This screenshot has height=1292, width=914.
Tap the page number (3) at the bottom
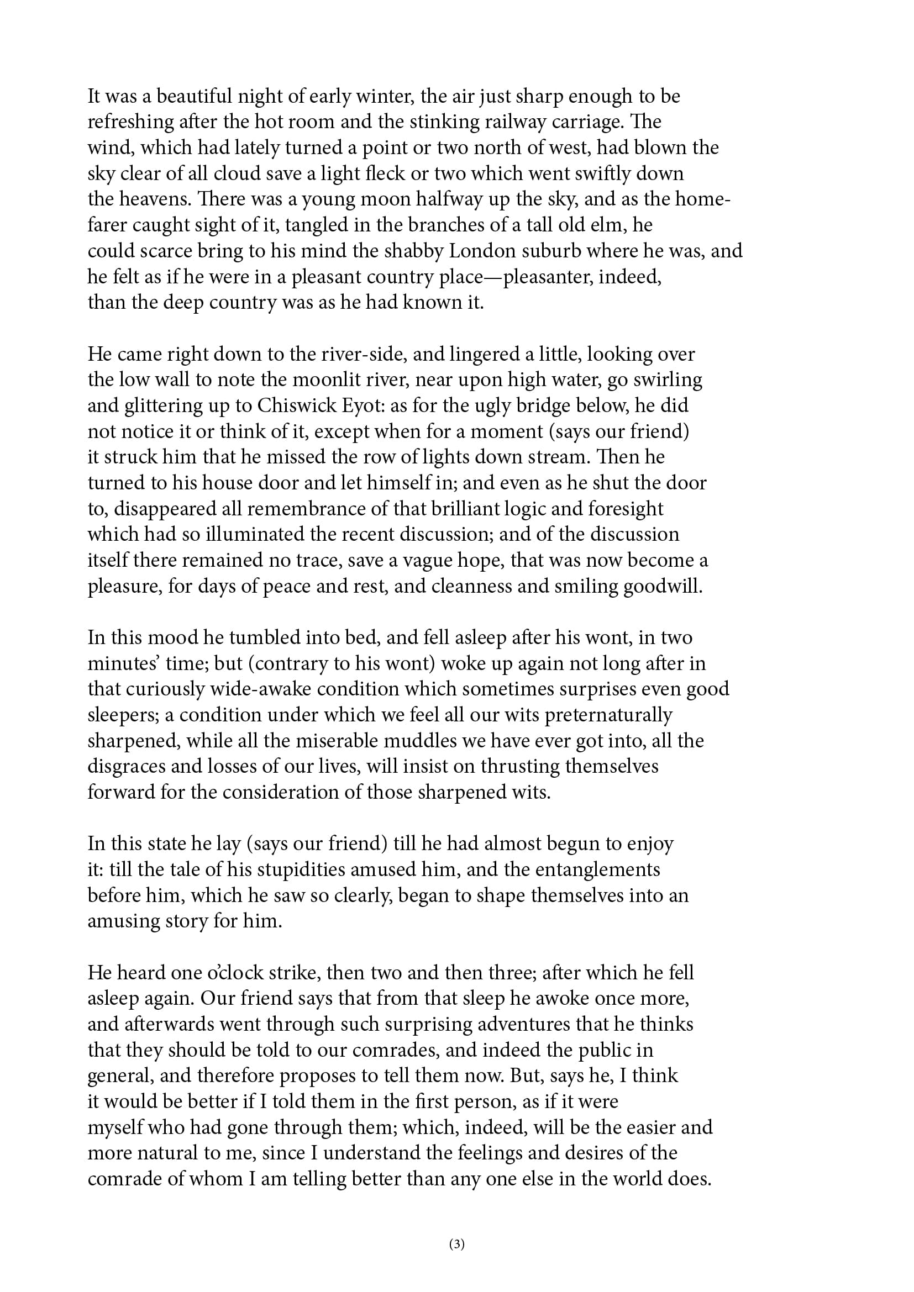pos(457,1244)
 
